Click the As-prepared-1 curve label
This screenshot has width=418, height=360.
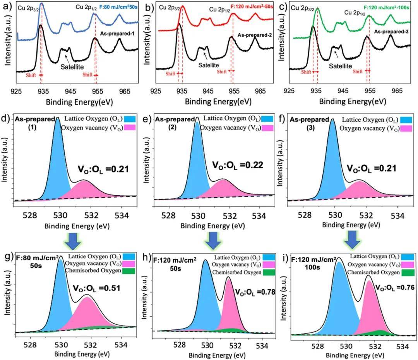pyautogui.click(x=116, y=34)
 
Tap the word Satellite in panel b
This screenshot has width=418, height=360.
pyautogui.click(x=208, y=65)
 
